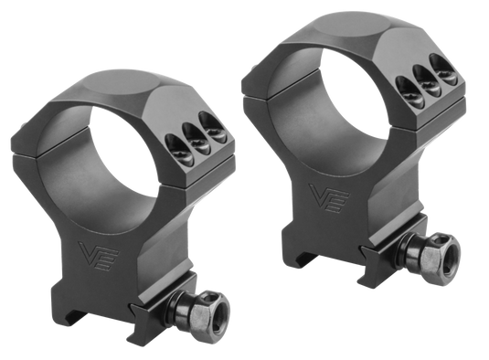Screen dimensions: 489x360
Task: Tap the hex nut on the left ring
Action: [207, 314]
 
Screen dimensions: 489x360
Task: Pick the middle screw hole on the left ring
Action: [196, 139]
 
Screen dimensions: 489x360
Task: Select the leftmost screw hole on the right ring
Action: [409, 90]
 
